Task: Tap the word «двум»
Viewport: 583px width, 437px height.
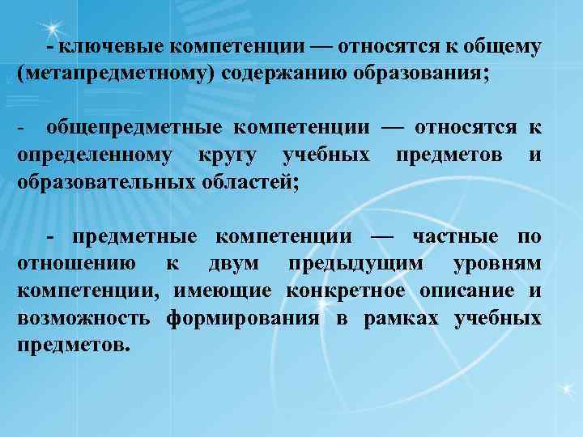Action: point(234,264)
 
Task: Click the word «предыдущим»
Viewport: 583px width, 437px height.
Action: point(357,264)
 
